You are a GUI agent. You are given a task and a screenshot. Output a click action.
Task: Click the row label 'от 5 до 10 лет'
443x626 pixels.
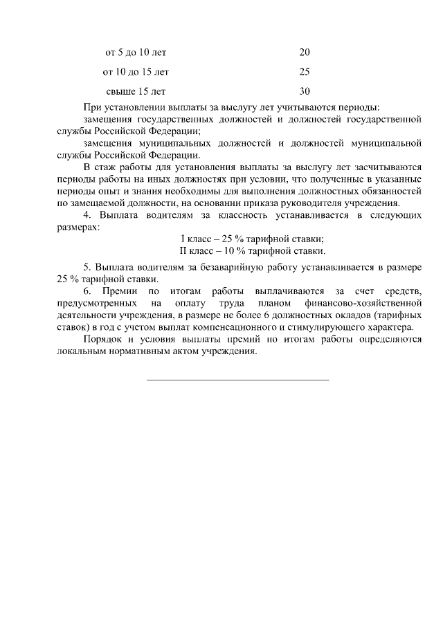[136, 53]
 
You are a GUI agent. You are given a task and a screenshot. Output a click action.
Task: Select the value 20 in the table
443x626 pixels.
[305, 53]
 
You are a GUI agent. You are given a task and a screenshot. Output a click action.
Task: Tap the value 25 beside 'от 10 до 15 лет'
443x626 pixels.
[305, 72]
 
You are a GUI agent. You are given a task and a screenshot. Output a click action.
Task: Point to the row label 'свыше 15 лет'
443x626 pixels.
[136, 91]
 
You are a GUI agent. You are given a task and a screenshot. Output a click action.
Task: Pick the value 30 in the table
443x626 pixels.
[305, 91]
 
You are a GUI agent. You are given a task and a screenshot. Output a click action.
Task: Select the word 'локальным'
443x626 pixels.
[80, 351]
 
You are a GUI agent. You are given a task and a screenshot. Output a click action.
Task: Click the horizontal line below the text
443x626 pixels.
[238, 380]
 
